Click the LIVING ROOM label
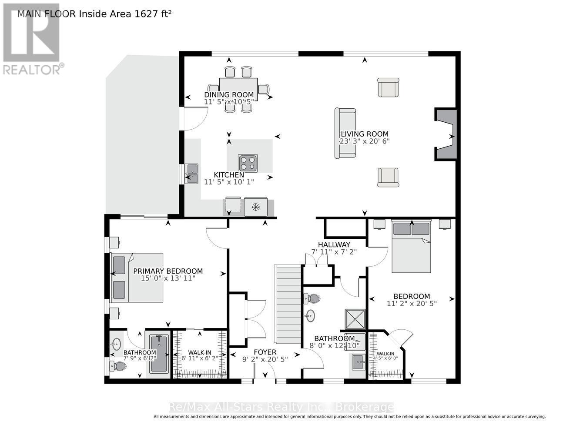[365, 134]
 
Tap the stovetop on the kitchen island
[248, 163]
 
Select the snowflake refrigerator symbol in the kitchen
[256, 207]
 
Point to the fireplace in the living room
[446, 134]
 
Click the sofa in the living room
[345, 133]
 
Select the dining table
[238, 89]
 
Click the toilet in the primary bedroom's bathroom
[118, 366]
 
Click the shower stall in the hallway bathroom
[355, 319]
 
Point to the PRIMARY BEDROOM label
[168, 271]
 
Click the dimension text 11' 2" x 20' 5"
[412, 304]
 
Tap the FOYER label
[265, 352]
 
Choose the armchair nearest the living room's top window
[388, 87]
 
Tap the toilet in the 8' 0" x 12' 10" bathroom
[312, 299]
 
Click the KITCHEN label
[229, 175]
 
